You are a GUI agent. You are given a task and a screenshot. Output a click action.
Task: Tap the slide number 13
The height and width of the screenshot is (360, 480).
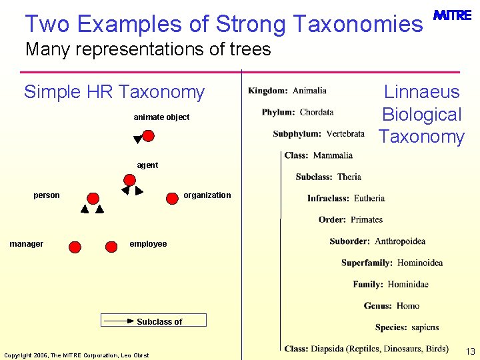(470, 351)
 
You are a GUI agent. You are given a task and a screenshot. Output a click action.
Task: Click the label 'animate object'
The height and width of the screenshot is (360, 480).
(161, 117)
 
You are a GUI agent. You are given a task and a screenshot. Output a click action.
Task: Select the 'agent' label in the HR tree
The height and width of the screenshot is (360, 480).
(147, 165)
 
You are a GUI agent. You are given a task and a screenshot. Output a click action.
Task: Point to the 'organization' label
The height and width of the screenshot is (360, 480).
(207, 195)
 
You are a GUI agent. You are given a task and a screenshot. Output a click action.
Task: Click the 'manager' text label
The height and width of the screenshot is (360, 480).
(27, 244)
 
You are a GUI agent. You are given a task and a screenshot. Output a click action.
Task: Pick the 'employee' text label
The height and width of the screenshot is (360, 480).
(148, 244)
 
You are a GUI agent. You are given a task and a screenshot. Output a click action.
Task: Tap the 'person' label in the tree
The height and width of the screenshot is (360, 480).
(47, 195)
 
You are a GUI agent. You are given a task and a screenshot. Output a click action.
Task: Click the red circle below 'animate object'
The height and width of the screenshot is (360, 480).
(148, 136)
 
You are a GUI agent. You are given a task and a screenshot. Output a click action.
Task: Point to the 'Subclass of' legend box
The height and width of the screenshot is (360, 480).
(154, 321)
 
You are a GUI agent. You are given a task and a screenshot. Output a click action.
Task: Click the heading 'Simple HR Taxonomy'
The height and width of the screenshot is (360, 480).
(114, 92)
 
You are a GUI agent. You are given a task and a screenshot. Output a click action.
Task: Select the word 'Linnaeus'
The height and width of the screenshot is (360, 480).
(421, 92)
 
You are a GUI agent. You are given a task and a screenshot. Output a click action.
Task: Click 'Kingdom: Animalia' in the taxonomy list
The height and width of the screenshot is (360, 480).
(287, 91)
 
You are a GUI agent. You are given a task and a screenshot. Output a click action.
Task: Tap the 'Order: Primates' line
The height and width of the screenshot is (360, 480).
(351, 219)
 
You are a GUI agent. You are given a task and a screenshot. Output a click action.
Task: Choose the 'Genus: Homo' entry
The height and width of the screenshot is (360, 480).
(391, 305)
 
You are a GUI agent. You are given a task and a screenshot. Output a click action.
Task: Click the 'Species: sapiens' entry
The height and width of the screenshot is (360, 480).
(407, 327)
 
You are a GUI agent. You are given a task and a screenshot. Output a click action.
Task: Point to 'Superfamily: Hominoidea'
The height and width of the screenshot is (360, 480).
(392, 263)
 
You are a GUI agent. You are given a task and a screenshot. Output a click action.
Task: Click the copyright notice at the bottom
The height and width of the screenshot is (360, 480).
(77, 355)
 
